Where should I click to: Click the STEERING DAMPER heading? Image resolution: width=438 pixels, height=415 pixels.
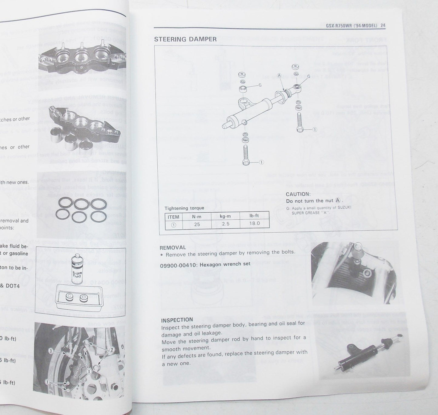185,39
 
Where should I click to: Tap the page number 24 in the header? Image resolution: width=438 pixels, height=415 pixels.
383,26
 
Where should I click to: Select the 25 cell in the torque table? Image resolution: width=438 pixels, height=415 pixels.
197,224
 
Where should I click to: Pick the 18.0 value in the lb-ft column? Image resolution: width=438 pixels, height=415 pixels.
254,223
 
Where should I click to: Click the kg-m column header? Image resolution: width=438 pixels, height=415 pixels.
225,216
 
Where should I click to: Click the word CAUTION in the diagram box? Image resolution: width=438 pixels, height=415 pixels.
298,194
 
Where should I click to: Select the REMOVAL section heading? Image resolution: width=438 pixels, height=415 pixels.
173,247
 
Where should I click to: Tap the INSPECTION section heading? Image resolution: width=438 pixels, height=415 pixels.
177,320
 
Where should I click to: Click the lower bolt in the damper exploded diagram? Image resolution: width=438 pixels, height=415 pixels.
246,155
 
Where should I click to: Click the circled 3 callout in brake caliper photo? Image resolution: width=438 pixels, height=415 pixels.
52,351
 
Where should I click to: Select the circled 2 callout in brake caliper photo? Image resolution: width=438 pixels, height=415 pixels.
111,350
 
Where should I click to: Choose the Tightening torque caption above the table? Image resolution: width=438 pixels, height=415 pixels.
184,208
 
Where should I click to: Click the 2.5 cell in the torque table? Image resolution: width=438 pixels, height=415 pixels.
226,224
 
